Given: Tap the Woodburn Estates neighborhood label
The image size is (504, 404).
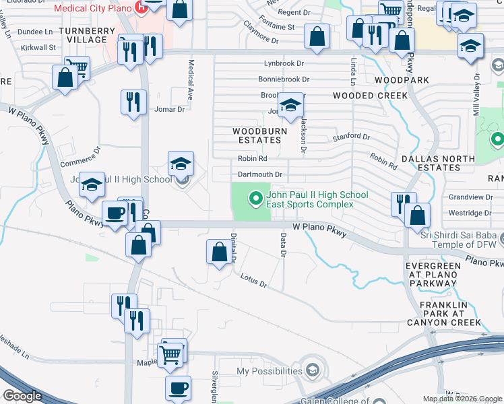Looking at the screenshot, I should [x=257, y=135].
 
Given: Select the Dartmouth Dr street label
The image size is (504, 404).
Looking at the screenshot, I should [x=259, y=174].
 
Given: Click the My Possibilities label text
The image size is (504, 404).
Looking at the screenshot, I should [x=270, y=371].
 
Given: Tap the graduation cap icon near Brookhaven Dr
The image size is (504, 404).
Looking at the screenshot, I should [x=290, y=106].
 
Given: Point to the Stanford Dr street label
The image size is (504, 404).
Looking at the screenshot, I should [x=352, y=137].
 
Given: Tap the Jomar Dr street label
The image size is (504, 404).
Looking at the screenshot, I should [x=169, y=109].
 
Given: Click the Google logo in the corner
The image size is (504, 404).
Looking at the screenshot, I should [x=22, y=396].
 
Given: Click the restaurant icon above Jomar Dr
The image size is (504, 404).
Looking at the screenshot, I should [x=133, y=102].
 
